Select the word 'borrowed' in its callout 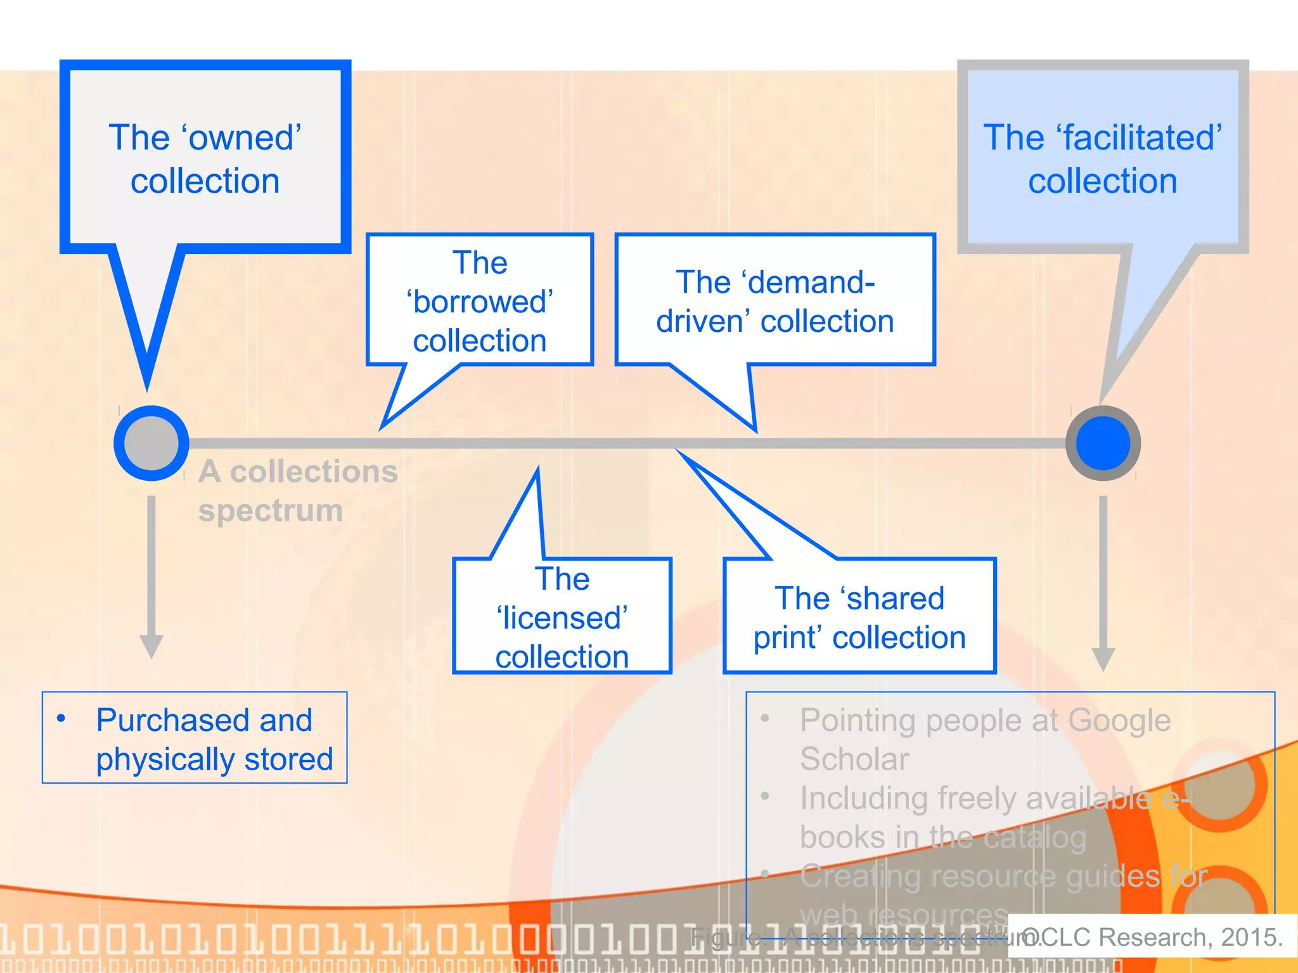pos(480,302)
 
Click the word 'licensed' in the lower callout pos(562,618)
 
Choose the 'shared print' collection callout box pos(859,616)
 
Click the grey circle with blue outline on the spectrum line pos(151,443)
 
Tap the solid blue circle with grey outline pos(1103,443)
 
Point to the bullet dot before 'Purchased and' pos(61,718)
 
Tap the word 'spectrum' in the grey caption pos(271,511)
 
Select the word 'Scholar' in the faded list pos(854,760)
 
